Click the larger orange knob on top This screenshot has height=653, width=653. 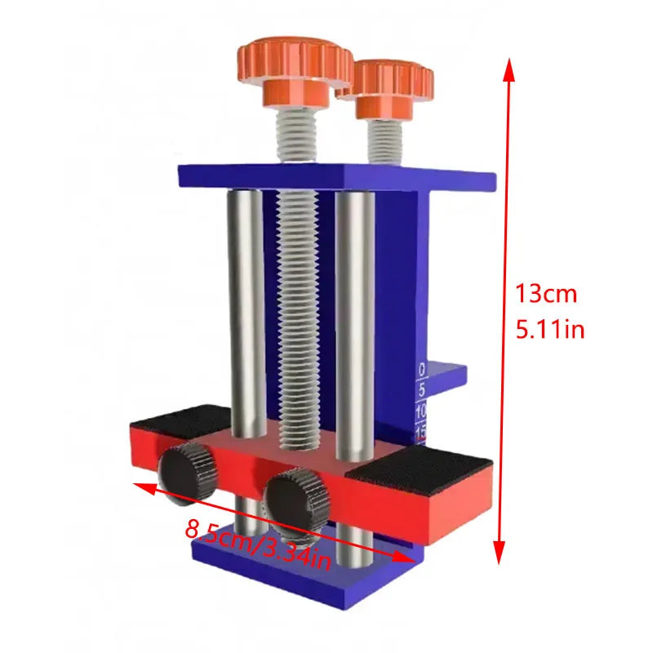[x=295, y=72]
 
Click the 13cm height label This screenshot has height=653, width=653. [x=546, y=294]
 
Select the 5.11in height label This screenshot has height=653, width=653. [x=549, y=329]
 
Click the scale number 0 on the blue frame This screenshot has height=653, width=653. [x=422, y=370]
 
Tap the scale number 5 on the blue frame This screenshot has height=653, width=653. [x=422, y=390]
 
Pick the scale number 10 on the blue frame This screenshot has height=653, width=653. [x=421, y=411]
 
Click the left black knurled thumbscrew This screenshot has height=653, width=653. [x=187, y=473]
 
